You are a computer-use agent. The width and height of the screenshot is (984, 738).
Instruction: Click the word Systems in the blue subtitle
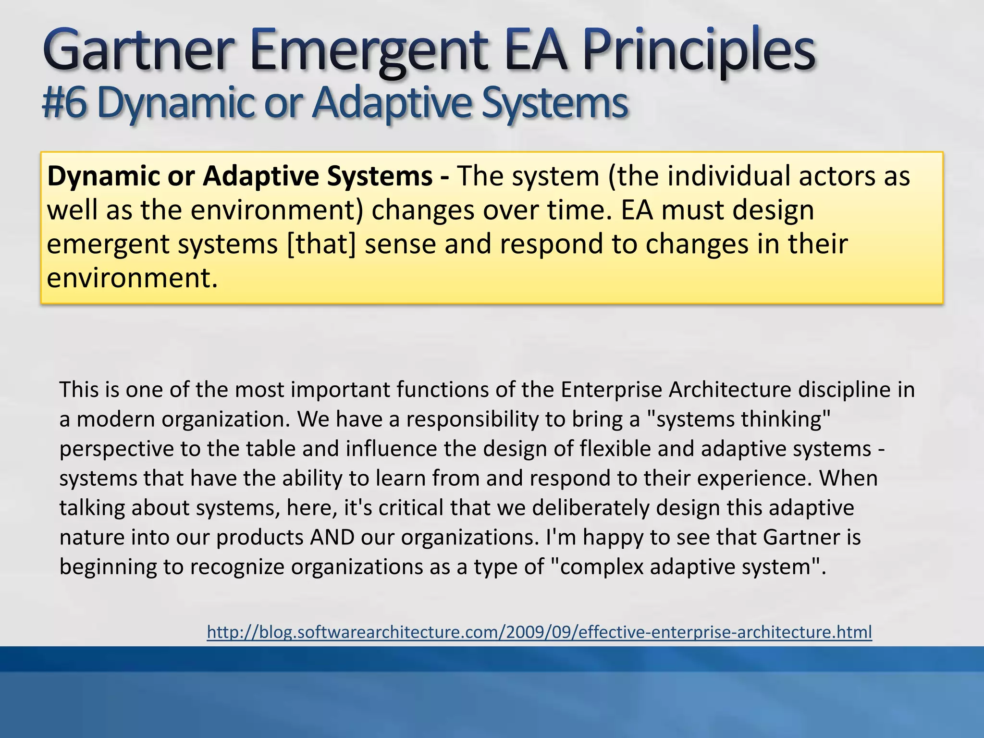coord(554,103)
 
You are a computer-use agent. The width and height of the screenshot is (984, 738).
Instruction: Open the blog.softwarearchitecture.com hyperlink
coord(539,631)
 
